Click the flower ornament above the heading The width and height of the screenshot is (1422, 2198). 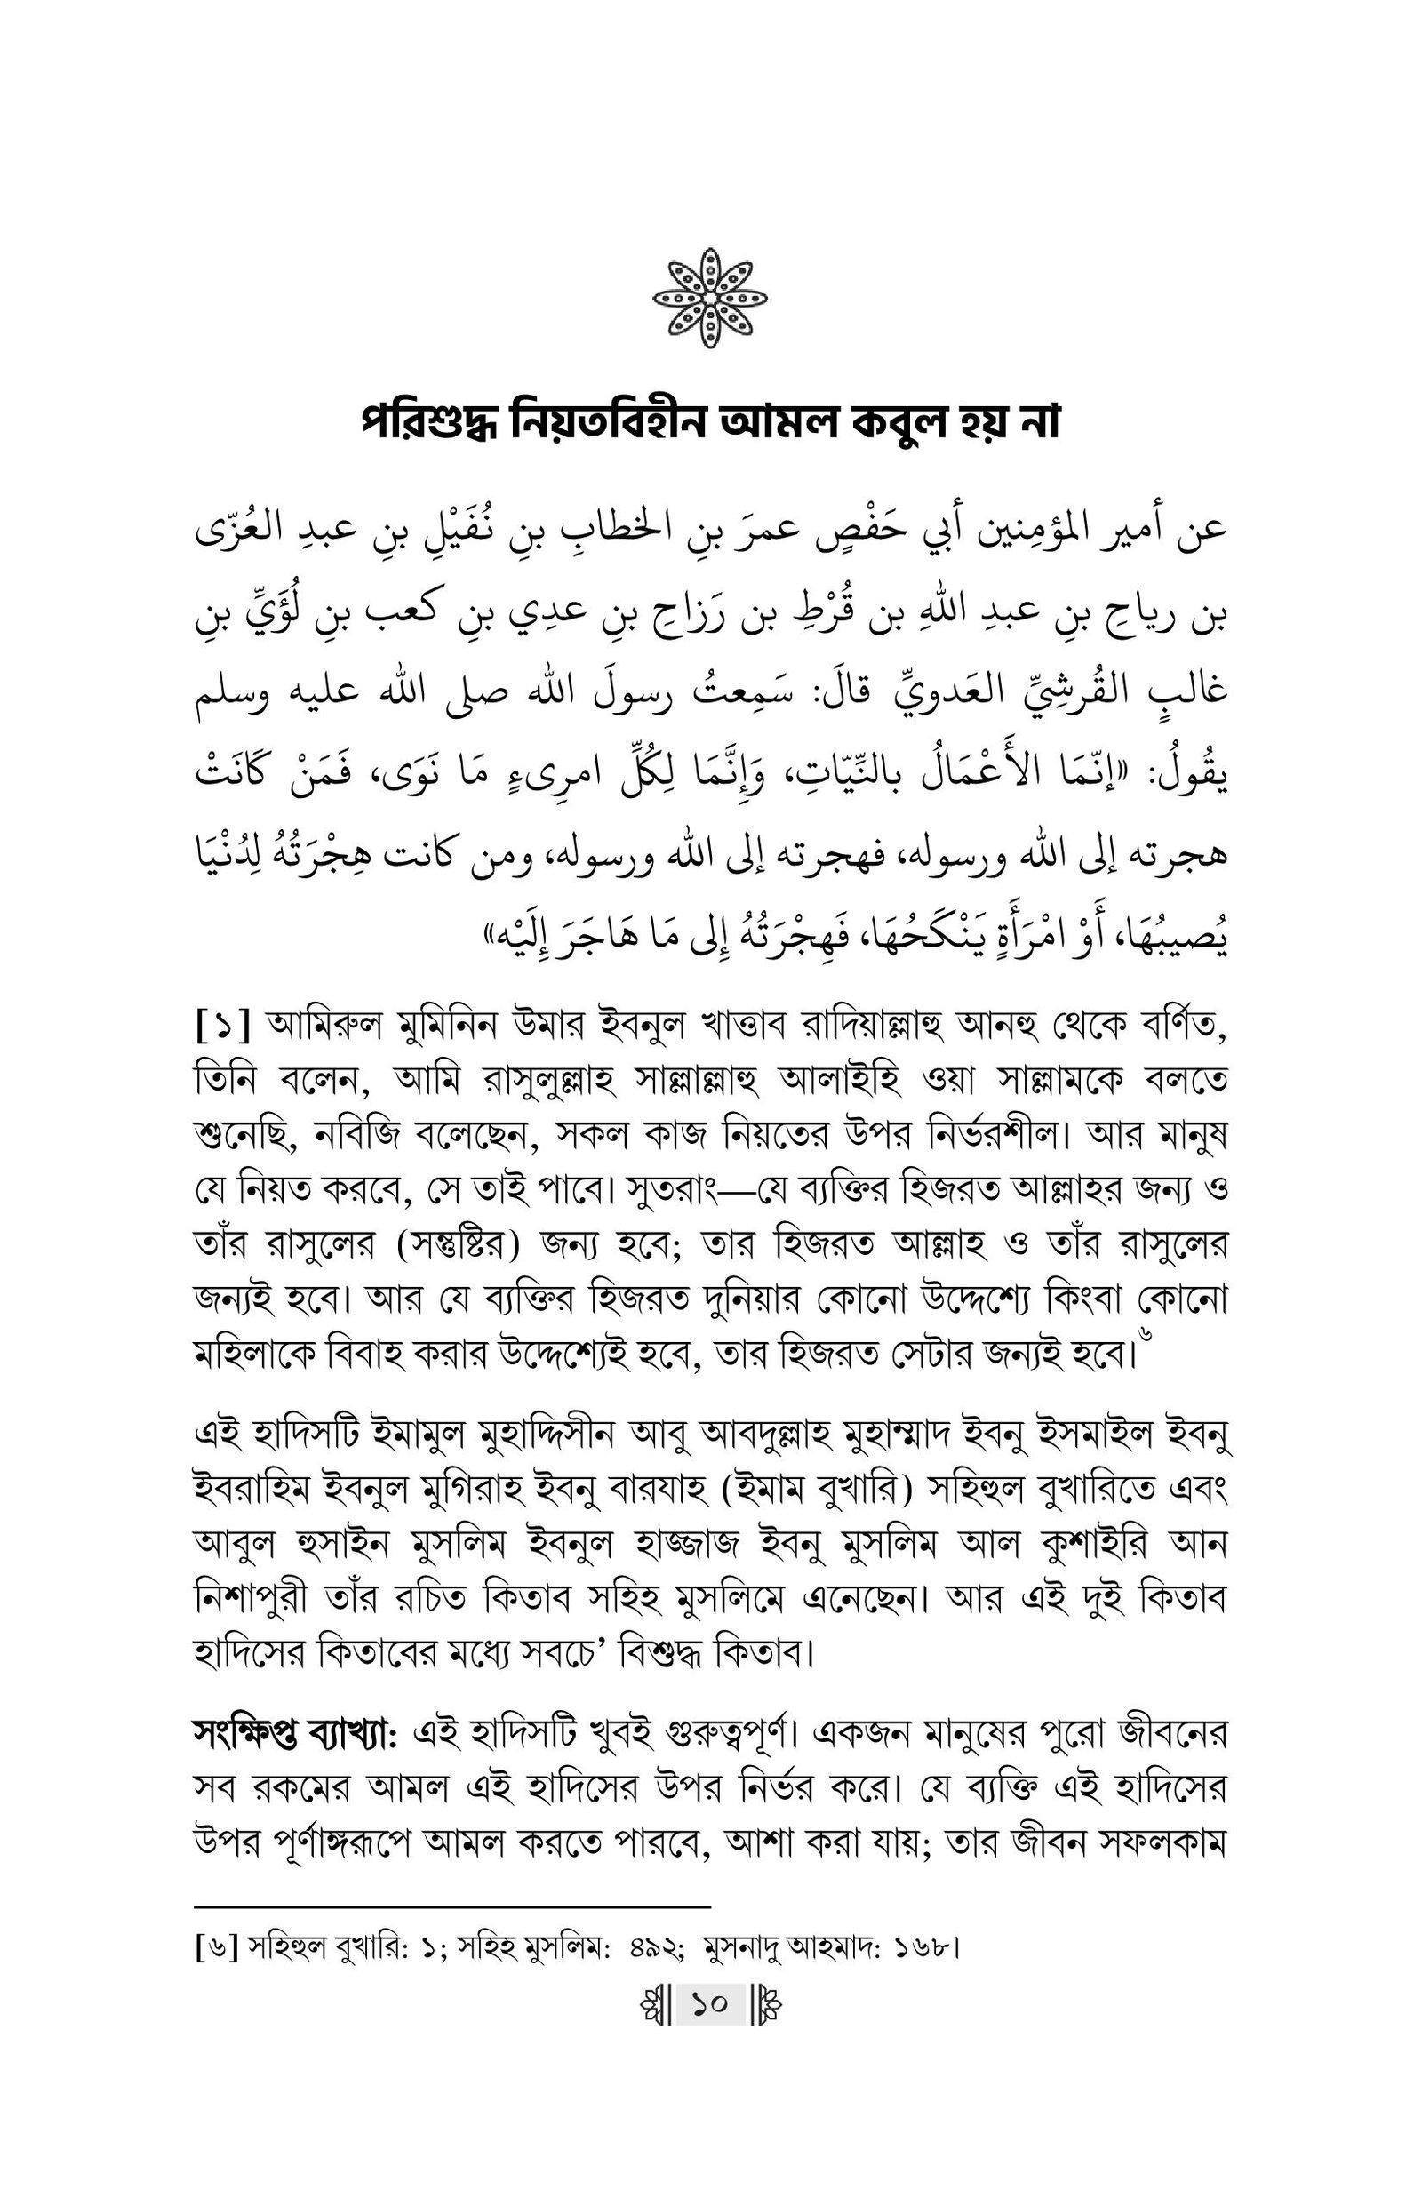pyautogui.click(x=710, y=298)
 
